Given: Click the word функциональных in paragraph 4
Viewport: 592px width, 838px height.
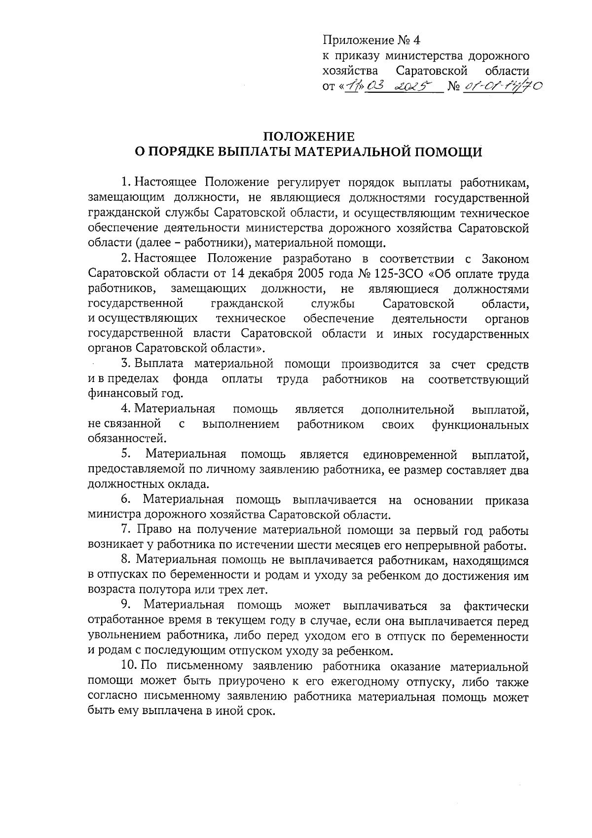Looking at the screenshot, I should click(480, 424).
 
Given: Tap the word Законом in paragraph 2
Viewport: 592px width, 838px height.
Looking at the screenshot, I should click(504, 259).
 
